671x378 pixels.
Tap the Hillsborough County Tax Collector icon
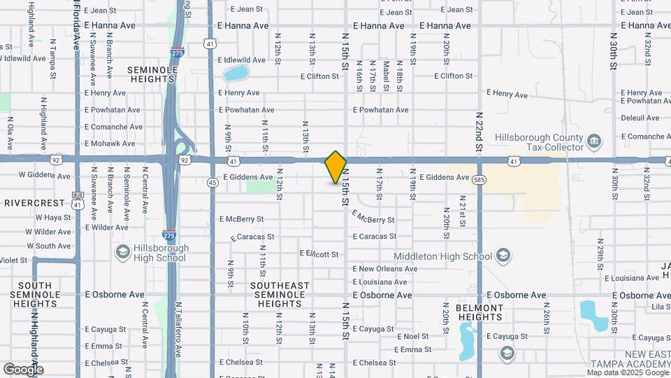[x=594, y=141]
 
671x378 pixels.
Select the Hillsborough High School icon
[x=122, y=252]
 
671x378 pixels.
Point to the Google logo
[x=23, y=369]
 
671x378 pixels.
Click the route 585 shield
[x=479, y=179]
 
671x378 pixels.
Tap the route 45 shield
[x=212, y=183]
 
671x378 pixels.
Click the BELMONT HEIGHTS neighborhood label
[x=479, y=312]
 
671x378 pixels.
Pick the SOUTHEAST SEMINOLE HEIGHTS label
[x=280, y=295]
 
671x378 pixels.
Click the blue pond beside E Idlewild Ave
[x=236, y=73]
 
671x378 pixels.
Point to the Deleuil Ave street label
[x=640, y=118]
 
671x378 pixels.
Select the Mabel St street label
[x=385, y=75]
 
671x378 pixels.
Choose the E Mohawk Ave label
[x=110, y=143]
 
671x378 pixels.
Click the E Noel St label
[x=412, y=337]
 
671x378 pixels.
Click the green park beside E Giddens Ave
[x=260, y=186]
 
